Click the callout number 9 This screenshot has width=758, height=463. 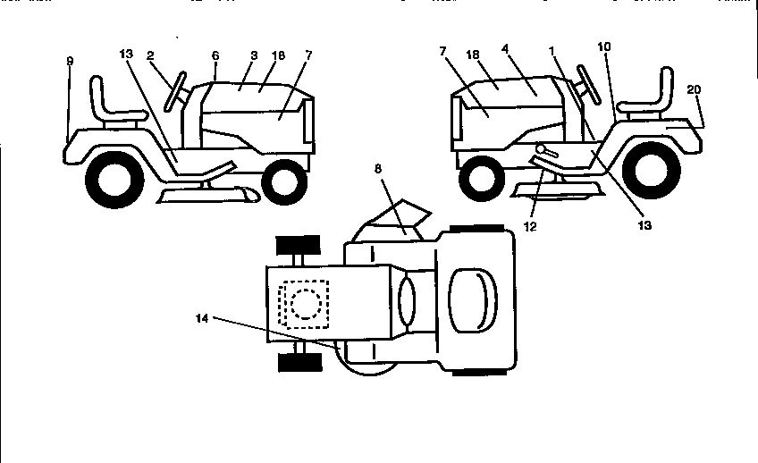point(70,61)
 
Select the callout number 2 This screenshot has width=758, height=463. point(151,55)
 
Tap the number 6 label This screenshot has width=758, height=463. point(215,55)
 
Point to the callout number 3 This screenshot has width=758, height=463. point(253,55)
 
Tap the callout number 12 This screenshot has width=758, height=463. point(530,227)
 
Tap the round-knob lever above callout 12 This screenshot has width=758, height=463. point(543,148)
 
